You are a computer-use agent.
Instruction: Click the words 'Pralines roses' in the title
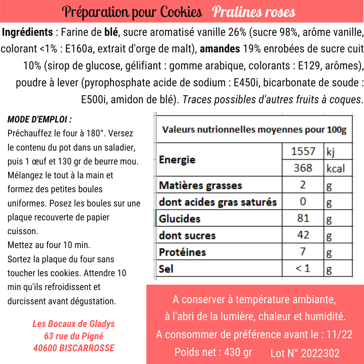[254, 12]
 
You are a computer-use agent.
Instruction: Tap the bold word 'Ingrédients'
[27, 32]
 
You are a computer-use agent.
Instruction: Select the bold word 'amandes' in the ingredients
[220, 49]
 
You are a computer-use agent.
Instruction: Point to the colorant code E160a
[79, 49]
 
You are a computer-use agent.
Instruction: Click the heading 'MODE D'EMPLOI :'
[40, 119]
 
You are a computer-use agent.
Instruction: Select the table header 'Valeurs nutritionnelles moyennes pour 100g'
[254, 129]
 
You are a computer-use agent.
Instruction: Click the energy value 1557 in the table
[303, 151]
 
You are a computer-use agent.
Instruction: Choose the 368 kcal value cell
[303, 168]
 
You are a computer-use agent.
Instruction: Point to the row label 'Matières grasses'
[200, 185]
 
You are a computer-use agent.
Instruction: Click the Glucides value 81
[303, 218]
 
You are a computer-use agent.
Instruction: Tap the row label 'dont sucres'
[187, 235]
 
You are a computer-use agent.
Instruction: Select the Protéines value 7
[303, 252]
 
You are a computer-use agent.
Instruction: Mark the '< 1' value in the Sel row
[303, 268]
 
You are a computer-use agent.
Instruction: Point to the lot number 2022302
[321, 353]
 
